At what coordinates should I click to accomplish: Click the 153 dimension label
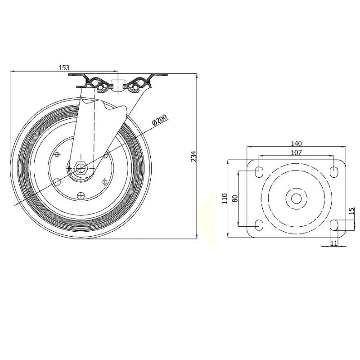coord(64,68)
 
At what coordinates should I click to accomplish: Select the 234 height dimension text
coord(194,156)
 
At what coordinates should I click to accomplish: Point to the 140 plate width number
coord(296,144)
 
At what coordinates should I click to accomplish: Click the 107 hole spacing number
coord(296,153)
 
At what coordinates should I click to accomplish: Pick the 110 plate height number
coord(225,198)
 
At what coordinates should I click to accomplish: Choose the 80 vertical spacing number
coord(234,198)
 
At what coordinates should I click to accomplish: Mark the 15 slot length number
coord(351,211)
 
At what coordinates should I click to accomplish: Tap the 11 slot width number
coord(333,243)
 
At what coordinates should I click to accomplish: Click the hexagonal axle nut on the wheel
coord(81,168)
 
